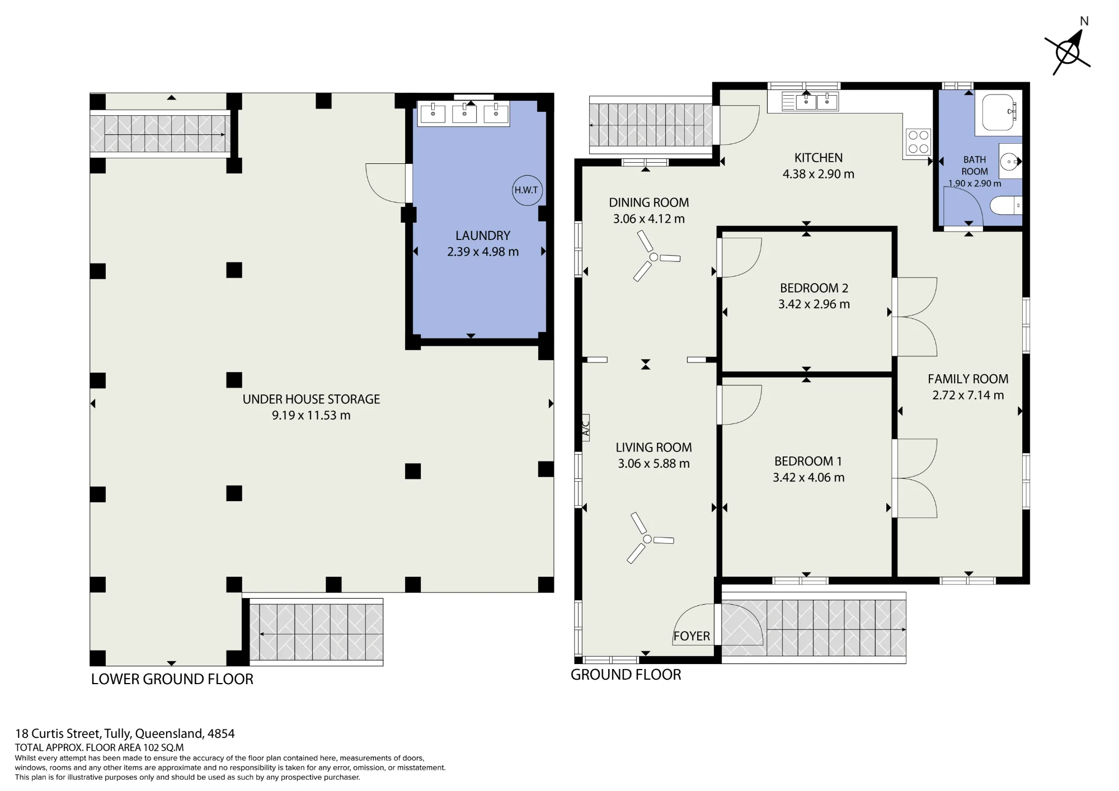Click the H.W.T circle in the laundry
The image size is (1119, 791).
click(526, 190)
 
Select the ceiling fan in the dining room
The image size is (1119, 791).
click(654, 257)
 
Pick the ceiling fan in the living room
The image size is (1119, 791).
click(649, 539)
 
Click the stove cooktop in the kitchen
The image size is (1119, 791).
click(918, 142)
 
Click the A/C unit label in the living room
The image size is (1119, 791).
click(585, 428)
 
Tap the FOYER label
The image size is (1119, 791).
click(692, 636)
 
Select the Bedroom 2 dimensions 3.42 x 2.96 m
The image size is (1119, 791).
click(814, 304)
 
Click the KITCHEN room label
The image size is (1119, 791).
click(819, 158)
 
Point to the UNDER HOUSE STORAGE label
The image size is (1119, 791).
click(311, 399)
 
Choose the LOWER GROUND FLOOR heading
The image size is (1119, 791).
click(172, 679)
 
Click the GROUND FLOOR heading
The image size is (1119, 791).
click(626, 675)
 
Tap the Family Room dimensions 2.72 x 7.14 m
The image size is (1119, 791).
click(968, 396)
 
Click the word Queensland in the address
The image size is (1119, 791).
click(169, 733)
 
